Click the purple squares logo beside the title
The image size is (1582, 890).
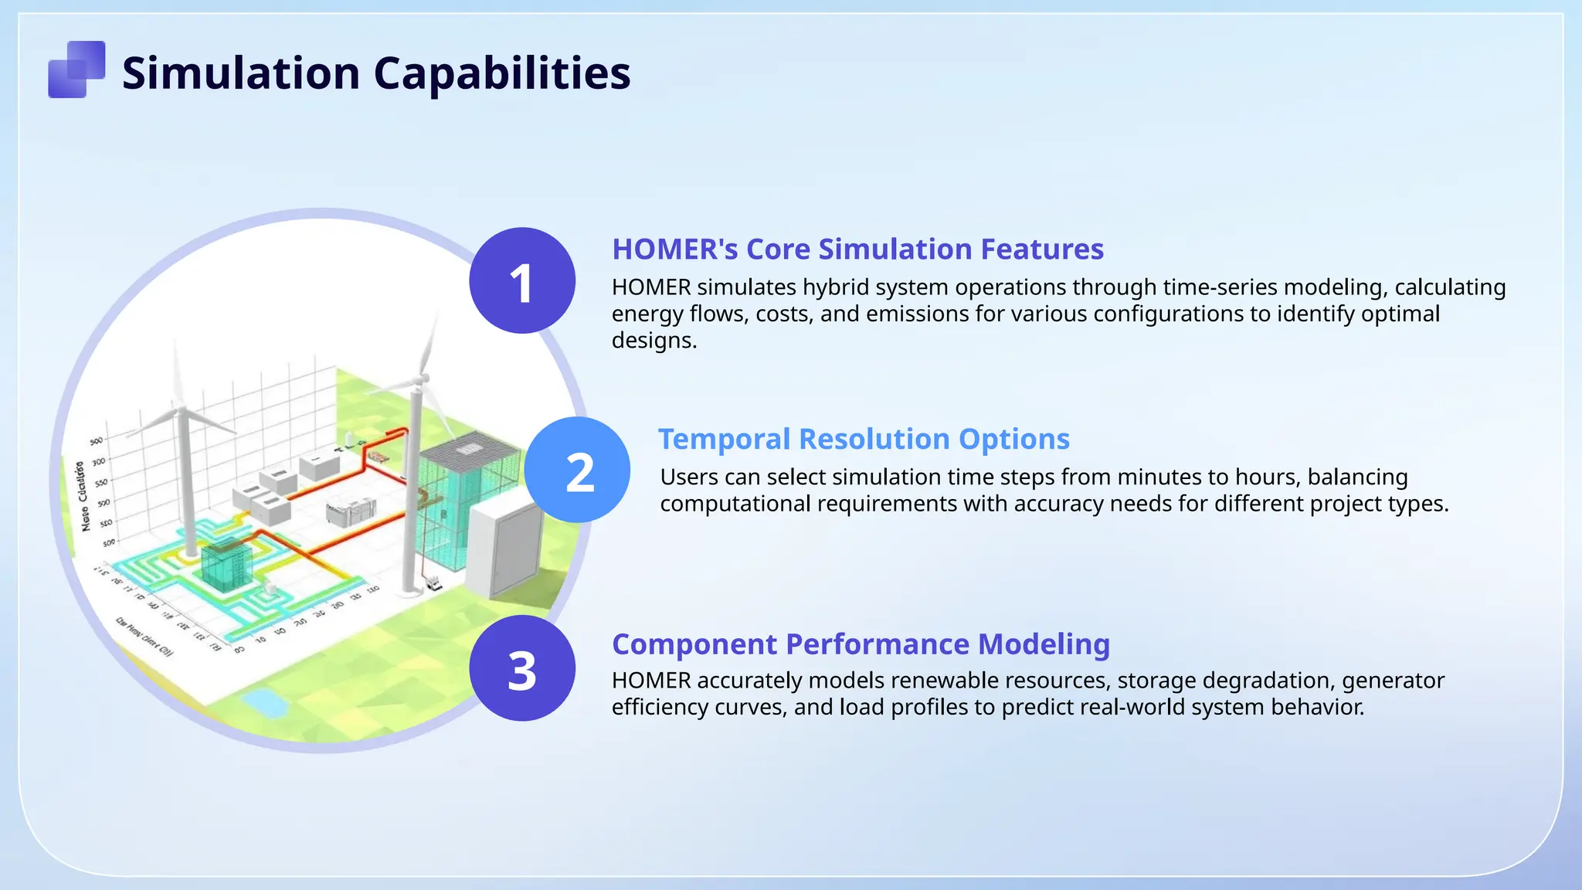point(76,70)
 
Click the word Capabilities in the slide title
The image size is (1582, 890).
point(502,73)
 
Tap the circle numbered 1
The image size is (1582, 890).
point(522,280)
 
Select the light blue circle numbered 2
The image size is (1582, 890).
point(578,470)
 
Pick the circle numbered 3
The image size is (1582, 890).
point(522,668)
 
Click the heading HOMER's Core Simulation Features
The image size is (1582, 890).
point(857,249)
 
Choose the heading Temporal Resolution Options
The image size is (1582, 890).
point(864,439)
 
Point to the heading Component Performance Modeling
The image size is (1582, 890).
point(861,644)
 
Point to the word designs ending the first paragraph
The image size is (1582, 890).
point(654,340)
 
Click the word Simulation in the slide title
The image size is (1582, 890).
point(241,73)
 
